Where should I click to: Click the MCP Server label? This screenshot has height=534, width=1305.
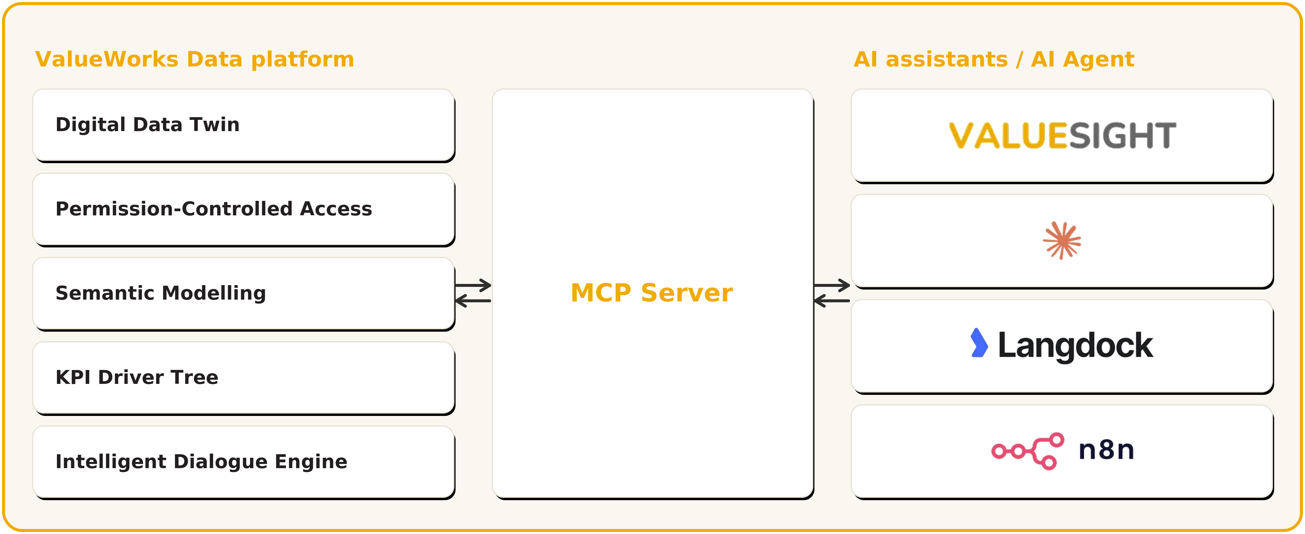(652, 293)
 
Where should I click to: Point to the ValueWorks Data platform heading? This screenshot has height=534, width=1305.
(195, 59)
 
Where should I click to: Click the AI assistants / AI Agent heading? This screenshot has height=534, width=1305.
(994, 59)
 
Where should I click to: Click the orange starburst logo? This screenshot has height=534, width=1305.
(1062, 241)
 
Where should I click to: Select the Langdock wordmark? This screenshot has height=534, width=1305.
(1075, 346)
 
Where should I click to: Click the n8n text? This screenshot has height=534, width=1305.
(1106, 450)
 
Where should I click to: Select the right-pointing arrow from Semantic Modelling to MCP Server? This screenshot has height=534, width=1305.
(473, 285)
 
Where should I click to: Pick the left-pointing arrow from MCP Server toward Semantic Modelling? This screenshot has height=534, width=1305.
(473, 301)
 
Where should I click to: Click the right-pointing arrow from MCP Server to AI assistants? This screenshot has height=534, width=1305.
(832, 285)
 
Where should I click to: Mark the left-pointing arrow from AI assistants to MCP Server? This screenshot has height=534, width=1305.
(832, 301)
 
